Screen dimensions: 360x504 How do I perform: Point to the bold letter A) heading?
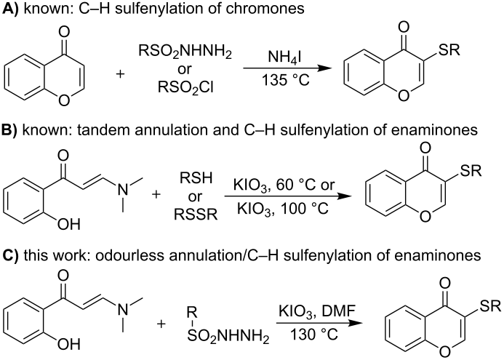tap(9, 9)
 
